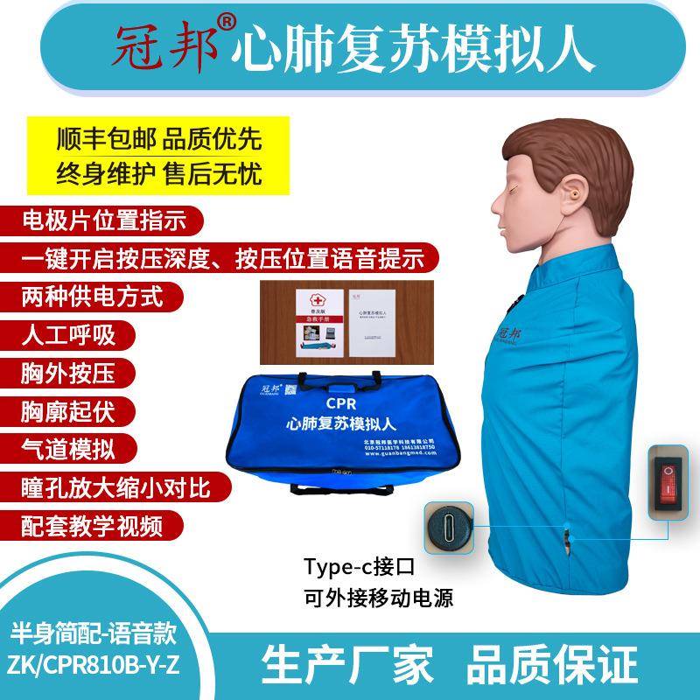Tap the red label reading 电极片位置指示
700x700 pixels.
[x=103, y=220]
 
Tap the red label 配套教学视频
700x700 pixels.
[x=91, y=525]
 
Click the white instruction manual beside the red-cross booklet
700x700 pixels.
[x=372, y=319]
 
